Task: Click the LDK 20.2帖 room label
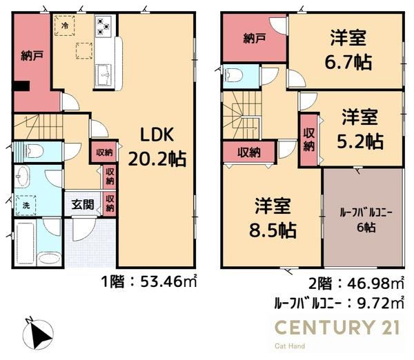tap(157, 147)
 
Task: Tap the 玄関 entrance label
tap(83, 204)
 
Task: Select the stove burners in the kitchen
tap(103, 27)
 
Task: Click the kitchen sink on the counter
tap(103, 75)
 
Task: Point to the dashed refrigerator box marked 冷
tap(65, 26)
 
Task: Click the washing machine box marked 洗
tap(26, 206)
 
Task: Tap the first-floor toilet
tap(33, 151)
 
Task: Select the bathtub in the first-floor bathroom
tap(26, 243)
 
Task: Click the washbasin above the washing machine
tap(22, 177)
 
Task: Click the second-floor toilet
tap(233, 75)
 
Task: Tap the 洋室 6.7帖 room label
tap(348, 50)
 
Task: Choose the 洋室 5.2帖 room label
tap(360, 130)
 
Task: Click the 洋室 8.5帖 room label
tap(273, 219)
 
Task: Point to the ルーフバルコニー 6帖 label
tap(366, 220)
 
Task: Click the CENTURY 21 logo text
tap(337, 327)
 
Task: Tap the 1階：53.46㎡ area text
tap(149, 282)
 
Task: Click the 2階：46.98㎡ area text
tap(357, 283)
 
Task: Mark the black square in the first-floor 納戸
tap(21, 86)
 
